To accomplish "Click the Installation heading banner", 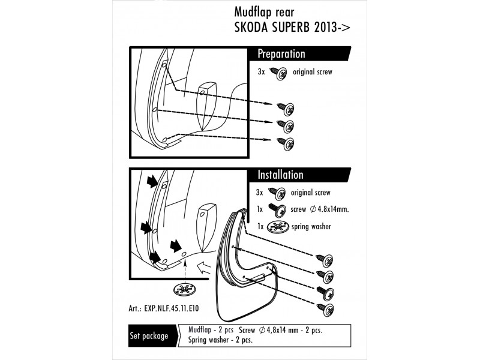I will [281, 175].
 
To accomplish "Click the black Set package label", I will [149, 336].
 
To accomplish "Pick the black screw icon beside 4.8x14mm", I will [278, 209].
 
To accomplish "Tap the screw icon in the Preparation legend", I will [278, 72].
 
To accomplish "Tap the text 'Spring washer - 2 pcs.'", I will [220, 340].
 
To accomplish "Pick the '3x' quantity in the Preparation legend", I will [261, 72].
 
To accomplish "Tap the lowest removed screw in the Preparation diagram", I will [288, 143].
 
